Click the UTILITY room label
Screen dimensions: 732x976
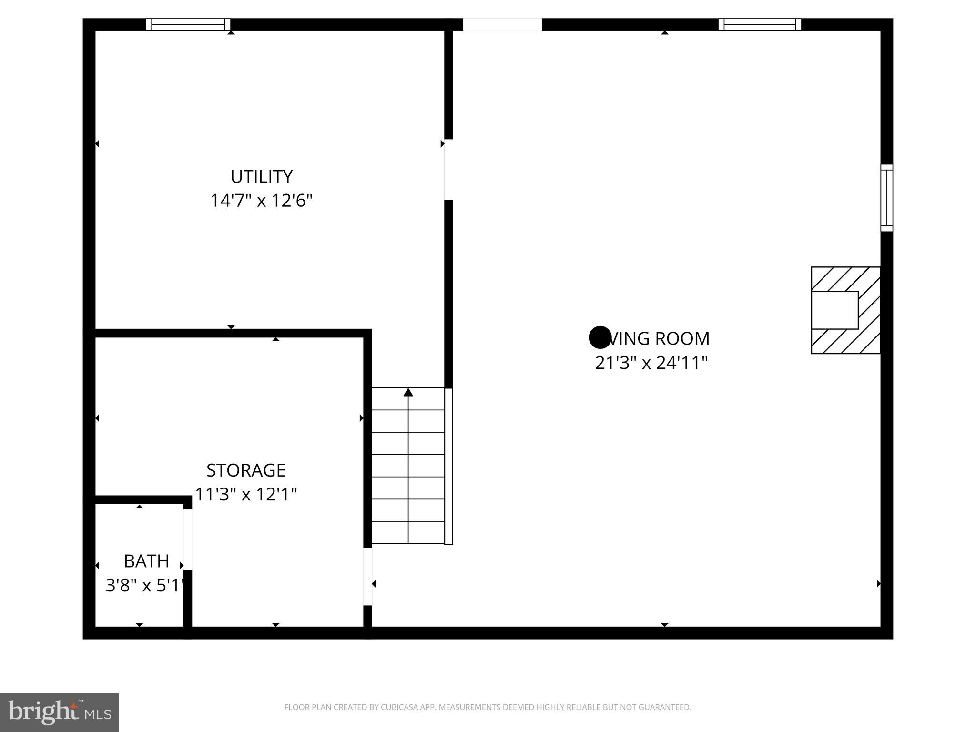pos(261,177)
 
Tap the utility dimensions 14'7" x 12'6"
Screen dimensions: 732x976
pos(261,201)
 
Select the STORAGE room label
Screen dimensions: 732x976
pos(246,470)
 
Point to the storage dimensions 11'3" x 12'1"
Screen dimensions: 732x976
pos(246,494)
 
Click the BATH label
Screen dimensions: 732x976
pos(146,561)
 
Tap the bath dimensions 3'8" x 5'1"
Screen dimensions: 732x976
pos(144,585)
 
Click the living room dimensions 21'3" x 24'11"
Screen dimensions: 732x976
pos(651,363)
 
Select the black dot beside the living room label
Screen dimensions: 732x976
pos(600,337)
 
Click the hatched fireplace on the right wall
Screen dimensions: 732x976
pos(845,310)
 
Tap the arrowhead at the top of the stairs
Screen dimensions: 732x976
pos(408,392)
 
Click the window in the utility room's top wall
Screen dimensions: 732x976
pos(188,24)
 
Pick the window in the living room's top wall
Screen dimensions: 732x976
pos(760,24)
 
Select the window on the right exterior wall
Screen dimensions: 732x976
pos(886,198)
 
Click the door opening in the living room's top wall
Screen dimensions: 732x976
pos(502,24)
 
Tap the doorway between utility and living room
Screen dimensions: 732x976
pos(448,170)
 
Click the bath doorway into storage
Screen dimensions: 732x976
pos(188,539)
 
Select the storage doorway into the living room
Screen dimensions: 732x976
pos(367,577)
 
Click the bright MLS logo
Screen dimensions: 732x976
pos(60,712)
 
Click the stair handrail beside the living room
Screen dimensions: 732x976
pos(448,466)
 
